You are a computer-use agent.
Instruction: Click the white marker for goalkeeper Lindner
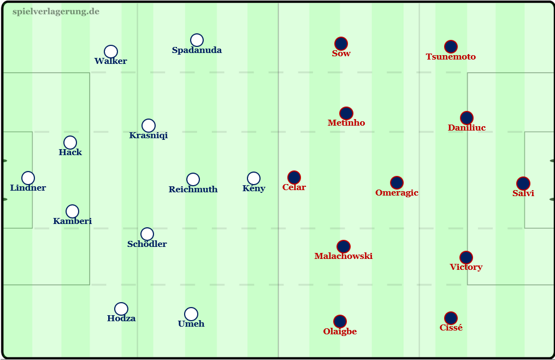coord(28,178)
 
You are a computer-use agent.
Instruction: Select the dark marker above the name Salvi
coord(523,184)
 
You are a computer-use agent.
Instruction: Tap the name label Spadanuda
coord(197,50)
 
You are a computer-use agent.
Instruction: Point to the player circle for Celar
coord(294,178)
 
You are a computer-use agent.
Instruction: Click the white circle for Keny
coord(254,179)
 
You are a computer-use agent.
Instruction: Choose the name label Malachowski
coord(344,256)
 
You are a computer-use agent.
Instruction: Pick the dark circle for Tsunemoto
coord(451,47)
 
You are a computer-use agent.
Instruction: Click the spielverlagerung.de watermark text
coord(56,11)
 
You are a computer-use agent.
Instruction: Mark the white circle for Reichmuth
coord(193,180)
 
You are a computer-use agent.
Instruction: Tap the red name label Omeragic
coord(397,193)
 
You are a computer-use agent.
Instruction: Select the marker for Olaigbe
coord(340,321)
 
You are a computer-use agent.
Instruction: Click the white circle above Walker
coord(111,52)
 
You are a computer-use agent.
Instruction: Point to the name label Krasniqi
coord(148,135)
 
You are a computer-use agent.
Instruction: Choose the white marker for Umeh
coord(191,314)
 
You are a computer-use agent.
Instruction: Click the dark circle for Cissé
coord(451,318)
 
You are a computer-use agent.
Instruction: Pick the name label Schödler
coord(147,244)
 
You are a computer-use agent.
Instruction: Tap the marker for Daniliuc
coord(467,118)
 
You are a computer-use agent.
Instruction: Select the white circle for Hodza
coord(121,309)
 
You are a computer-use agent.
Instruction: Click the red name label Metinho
coord(346,123)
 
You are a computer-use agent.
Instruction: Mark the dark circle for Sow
coord(341,44)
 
